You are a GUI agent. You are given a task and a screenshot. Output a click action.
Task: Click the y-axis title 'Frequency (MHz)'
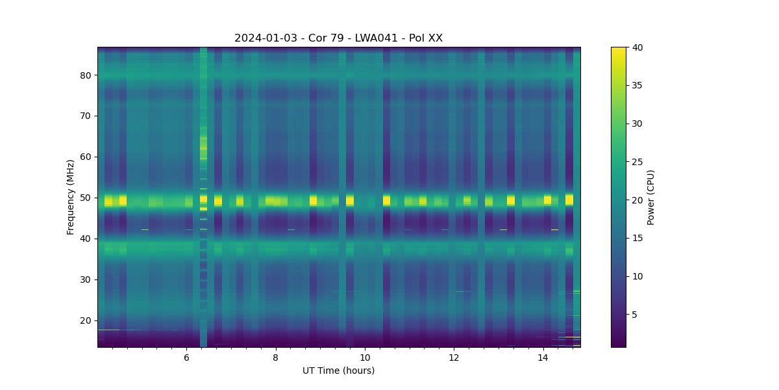tap(70, 197)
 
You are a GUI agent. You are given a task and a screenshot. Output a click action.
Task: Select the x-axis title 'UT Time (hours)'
tap(338, 370)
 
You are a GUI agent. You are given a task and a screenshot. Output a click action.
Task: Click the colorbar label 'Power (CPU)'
tap(651, 197)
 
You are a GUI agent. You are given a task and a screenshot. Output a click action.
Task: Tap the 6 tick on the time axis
tap(186, 357)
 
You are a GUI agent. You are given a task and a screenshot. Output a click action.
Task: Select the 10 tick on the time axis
tap(365, 357)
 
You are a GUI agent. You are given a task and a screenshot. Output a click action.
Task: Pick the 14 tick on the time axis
tap(543, 357)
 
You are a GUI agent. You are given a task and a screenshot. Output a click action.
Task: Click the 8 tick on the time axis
tap(275, 357)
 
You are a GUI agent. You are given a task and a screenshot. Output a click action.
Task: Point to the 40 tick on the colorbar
tap(638, 47)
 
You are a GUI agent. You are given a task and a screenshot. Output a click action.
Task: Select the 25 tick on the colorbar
tap(638, 162)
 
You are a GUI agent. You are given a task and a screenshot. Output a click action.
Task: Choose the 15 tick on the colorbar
tap(638, 239)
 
